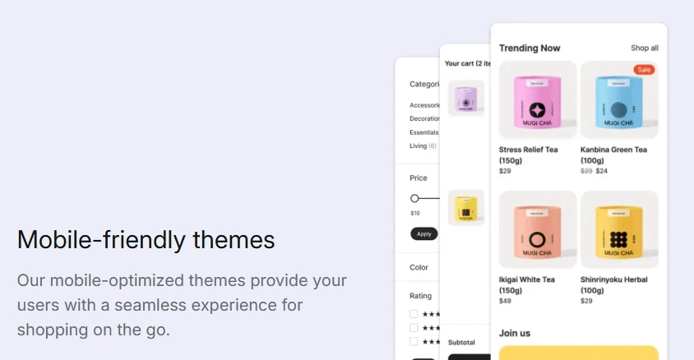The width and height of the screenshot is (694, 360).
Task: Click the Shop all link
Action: [644, 48]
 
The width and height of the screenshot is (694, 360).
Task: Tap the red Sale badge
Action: [644, 70]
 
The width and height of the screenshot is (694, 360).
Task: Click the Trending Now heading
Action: [530, 48]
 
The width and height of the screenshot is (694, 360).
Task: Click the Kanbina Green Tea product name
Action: [613, 150]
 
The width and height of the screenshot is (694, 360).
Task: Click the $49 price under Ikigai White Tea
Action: [505, 301]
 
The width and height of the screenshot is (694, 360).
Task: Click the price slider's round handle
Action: [414, 198]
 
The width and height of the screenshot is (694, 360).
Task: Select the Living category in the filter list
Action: [419, 146]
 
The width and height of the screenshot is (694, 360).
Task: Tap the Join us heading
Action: [515, 333]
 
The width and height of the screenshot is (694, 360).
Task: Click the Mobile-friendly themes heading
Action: [146, 240]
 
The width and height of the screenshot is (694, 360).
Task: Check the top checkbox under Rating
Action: [414, 314]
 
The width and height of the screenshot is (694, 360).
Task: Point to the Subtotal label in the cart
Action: [461, 342]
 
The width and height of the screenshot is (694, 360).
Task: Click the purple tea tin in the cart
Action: [465, 98]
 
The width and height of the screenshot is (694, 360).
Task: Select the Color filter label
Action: [419, 267]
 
